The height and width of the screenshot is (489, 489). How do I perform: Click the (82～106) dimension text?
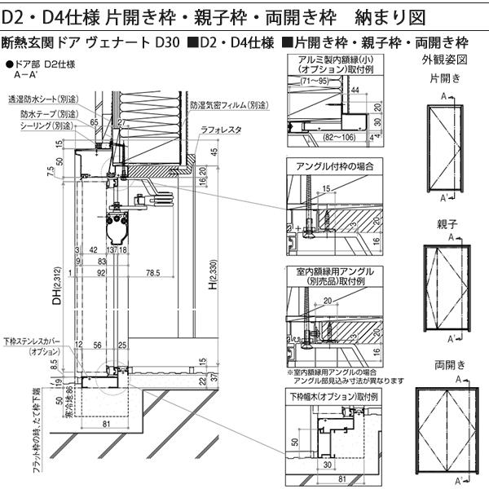[324, 139]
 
